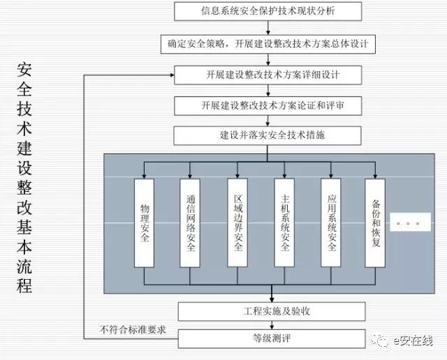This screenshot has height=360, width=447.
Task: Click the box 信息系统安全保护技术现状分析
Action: (x=269, y=12)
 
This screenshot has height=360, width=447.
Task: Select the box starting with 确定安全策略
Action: (x=269, y=43)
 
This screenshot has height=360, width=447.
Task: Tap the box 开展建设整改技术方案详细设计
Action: (x=269, y=74)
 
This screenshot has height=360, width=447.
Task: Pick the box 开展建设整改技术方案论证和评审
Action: (x=269, y=105)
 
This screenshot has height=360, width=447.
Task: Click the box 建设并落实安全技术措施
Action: (x=269, y=135)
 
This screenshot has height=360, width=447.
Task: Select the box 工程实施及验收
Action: (x=270, y=309)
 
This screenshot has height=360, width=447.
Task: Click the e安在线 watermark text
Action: (x=412, y=341)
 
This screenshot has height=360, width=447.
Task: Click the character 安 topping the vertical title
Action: (x=24, y=70)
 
